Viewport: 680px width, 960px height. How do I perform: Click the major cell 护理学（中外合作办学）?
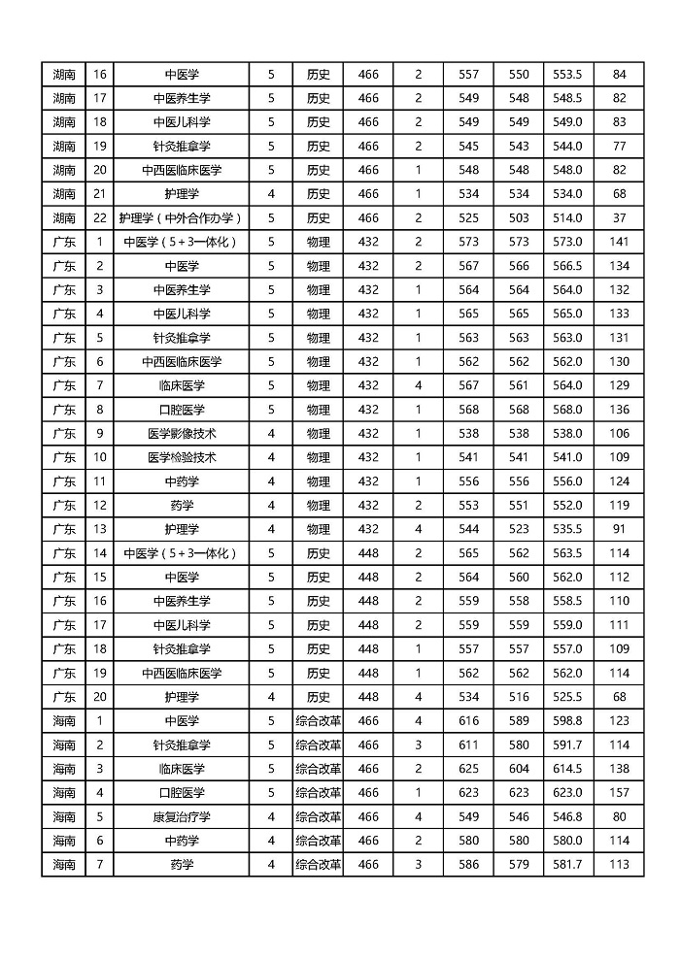tap(181, 218)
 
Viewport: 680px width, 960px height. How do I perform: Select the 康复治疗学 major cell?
tap(181, 817)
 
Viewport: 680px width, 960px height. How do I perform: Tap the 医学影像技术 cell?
tap(181, 434)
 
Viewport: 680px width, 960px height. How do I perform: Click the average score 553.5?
tap(567, 75)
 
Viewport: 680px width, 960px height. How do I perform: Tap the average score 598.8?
tap(567, 721)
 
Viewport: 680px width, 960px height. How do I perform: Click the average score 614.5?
tap(567, 769)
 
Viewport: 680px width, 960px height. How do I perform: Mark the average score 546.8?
tap(567, 817)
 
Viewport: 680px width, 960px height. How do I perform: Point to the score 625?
tap(468, 769)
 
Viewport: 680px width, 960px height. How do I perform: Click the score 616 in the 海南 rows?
tap(468, 721)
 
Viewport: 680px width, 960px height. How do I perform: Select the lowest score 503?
tap(519, 218)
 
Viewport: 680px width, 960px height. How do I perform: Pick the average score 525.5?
tap(567, 697)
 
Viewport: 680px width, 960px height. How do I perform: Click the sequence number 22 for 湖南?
tap(99, 218)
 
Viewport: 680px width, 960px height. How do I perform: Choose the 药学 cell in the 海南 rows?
tap(181, 865)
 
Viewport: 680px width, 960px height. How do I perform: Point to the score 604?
tap(519, 769)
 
